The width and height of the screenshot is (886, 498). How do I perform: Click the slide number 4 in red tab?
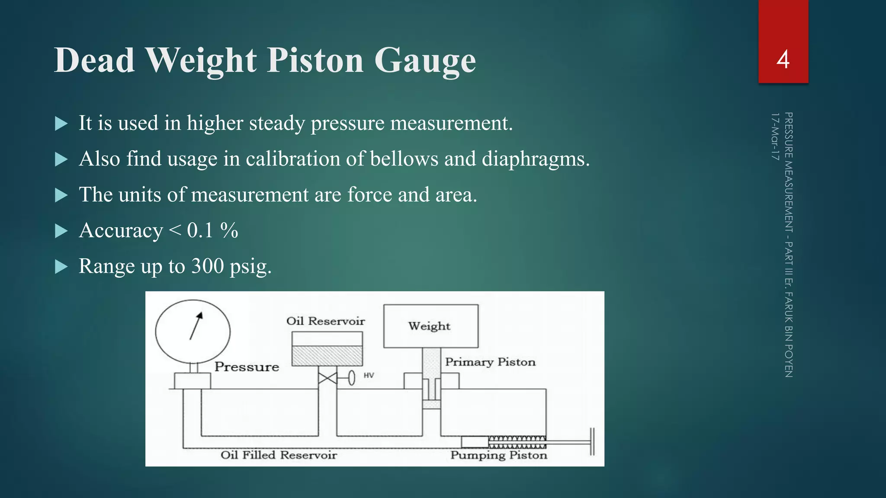tap(783, 59)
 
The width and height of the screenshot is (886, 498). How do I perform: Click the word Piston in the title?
tap(315, 61)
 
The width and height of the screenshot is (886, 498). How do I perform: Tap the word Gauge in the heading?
tap(425, 61)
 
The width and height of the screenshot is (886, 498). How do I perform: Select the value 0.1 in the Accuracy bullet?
tap(200, 230)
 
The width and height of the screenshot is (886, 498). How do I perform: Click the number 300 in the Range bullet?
tap(208, 266)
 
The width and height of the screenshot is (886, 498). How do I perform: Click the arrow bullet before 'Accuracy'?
tap(61, 231)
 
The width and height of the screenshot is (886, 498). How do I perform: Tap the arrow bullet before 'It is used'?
tap(61, 124)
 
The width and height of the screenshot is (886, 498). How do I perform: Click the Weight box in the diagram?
tap(430, 326)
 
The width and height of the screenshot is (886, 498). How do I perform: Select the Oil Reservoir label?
tap(325, 321)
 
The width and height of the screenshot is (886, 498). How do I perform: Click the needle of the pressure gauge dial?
tap(196, 326)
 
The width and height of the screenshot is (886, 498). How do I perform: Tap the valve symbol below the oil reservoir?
tap(327, 379)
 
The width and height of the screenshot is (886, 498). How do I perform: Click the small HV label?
tap(369, 375)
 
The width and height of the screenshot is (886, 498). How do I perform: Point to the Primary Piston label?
tap(490, 362)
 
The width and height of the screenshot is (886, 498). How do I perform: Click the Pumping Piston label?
tap(498, 455)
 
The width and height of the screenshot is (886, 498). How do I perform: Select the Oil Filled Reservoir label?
tap(279, 455)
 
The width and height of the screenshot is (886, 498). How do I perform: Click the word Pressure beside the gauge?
tap(247, 367)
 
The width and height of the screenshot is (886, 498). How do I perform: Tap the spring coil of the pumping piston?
tap(517, 442)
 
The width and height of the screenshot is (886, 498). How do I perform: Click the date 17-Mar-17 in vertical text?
tap(775, 137)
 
